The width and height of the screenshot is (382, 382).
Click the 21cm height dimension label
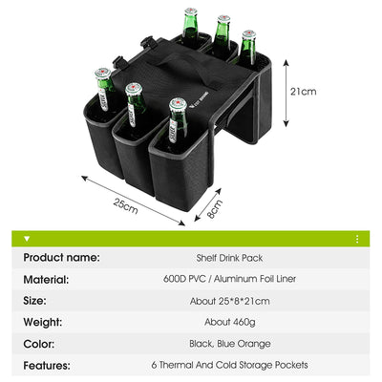[303, 92]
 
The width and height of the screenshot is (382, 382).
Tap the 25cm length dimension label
[126, 206]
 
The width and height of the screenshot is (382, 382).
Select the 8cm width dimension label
[215, 209]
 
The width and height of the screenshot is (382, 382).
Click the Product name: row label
[61, 258]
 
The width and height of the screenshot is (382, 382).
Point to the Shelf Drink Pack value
[229, 258]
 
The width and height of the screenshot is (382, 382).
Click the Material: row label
[46, 280]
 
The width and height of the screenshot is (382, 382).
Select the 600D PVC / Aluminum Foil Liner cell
[229, 279]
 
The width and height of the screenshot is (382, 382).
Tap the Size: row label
[34, 301]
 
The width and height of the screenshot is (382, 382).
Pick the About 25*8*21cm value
[229, 301]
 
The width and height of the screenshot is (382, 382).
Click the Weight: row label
[43, 322]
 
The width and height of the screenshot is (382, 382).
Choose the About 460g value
[230, 322]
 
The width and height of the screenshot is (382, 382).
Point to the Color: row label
[39, 344]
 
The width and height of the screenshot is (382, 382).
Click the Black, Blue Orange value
[230, 344]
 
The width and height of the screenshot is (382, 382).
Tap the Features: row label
[47, 365]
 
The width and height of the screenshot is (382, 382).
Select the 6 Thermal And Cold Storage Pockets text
[229, 365]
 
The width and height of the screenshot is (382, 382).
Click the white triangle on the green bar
[27, 239]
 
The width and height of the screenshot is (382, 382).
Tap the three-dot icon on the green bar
[357, 239]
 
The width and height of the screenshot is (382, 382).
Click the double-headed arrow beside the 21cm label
[286, 93]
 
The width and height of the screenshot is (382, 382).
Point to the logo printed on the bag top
[200, 100]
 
